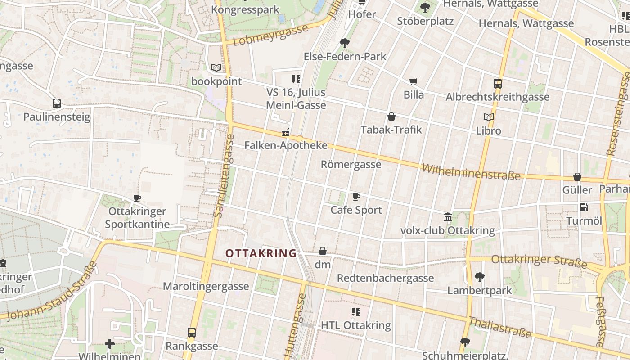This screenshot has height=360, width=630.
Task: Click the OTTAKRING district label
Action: pos(261,253)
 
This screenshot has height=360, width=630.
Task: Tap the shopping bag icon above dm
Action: pos(323,251)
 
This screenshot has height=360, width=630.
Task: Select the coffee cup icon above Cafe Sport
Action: pos(356,197)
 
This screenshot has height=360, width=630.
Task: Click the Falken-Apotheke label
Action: pos(286,145)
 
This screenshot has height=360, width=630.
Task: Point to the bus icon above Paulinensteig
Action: pos(57,103)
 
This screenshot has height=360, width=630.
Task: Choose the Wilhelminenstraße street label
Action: pos(471,172)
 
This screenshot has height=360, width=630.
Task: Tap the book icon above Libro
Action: pos(488,117)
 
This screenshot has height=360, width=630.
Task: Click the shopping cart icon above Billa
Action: pos(414,81)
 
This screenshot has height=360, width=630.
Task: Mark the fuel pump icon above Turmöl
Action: pos(584,207)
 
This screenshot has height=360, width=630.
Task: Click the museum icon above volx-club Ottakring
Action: pos(448,217)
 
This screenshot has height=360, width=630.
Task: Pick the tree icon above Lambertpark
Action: pos(480,277)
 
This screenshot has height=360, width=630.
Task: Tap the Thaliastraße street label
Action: pos(500,328)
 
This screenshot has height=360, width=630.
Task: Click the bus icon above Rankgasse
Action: pos(192,333)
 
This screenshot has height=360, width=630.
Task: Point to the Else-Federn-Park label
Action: pos(345,56)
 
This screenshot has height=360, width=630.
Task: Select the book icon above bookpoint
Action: pos(216,68)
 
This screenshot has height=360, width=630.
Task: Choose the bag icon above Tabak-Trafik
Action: pos(391,117)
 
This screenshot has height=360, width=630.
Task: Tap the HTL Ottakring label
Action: pos(355,325)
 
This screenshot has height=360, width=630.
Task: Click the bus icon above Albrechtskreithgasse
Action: pos(497,83)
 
